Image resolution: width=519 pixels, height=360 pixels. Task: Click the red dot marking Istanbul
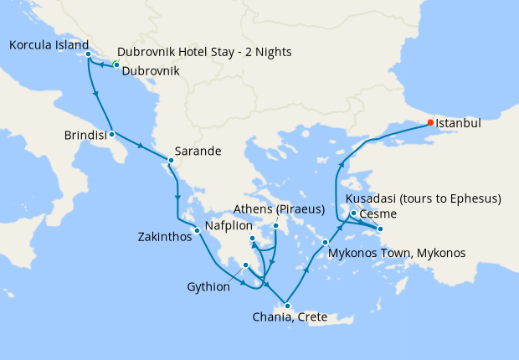[431, 122]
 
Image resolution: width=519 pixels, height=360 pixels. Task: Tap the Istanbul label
[460, 123]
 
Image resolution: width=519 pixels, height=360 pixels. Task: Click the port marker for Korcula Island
[88, 55]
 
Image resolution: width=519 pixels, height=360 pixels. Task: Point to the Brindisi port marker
[111, 134]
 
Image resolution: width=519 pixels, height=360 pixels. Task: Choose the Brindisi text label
[85, 134]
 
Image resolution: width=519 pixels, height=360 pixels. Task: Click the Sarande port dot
[171, 160]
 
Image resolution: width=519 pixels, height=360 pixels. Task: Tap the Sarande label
[198, 152]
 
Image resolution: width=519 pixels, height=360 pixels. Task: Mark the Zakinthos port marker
[197, 231]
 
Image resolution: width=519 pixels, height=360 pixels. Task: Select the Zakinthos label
[164, 237]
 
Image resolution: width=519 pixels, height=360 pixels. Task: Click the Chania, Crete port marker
[287, 305]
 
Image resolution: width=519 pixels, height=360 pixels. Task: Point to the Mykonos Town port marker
[325, 244]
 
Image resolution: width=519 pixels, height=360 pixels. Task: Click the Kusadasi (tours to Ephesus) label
[423, 198]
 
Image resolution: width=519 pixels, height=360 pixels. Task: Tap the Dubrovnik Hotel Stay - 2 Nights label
[204, 52]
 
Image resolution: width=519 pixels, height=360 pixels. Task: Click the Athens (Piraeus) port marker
[276, 225]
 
